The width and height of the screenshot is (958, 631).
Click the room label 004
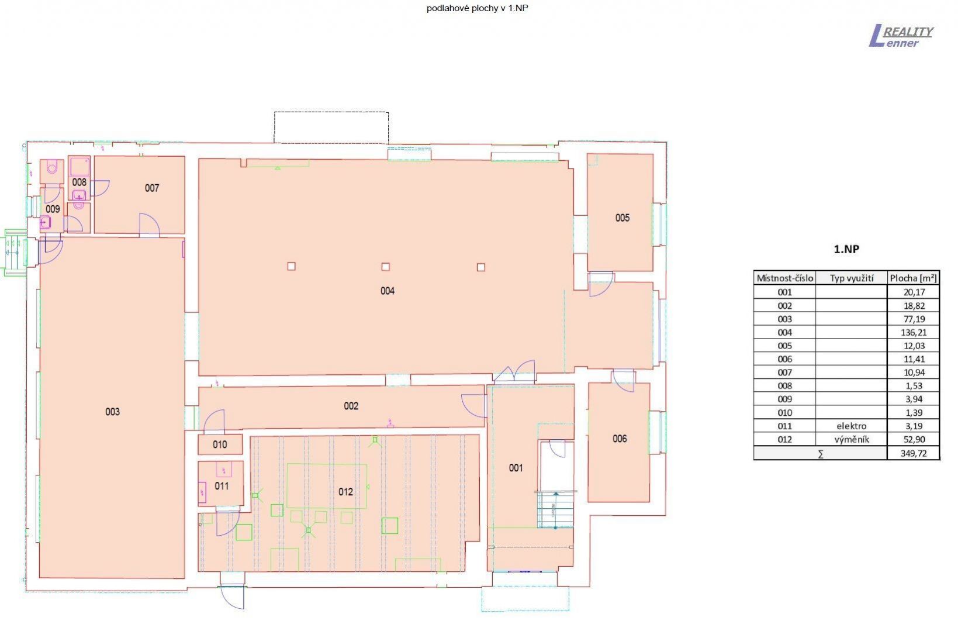388,291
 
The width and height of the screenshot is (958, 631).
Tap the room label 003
112,412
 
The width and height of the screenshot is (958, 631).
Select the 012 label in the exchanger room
345,492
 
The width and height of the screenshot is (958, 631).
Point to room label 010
220,444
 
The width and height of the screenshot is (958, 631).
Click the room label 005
622,218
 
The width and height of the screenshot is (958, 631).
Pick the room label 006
620,439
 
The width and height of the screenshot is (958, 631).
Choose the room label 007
152,188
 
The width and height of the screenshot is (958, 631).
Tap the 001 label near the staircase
516,468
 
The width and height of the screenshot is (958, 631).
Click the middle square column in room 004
385,267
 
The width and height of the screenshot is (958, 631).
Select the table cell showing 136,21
914,332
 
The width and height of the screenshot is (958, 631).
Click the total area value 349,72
914,453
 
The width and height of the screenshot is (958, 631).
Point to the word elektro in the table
852,426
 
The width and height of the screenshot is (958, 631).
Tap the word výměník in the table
852,439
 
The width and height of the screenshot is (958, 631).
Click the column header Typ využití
852,278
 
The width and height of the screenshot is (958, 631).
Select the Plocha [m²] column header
914,278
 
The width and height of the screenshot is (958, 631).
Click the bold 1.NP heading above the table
846,249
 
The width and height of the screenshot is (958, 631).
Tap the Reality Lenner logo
901,36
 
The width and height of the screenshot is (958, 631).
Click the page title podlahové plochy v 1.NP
478,8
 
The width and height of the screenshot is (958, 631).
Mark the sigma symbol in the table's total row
820,454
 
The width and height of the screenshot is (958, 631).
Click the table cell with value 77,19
914,319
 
